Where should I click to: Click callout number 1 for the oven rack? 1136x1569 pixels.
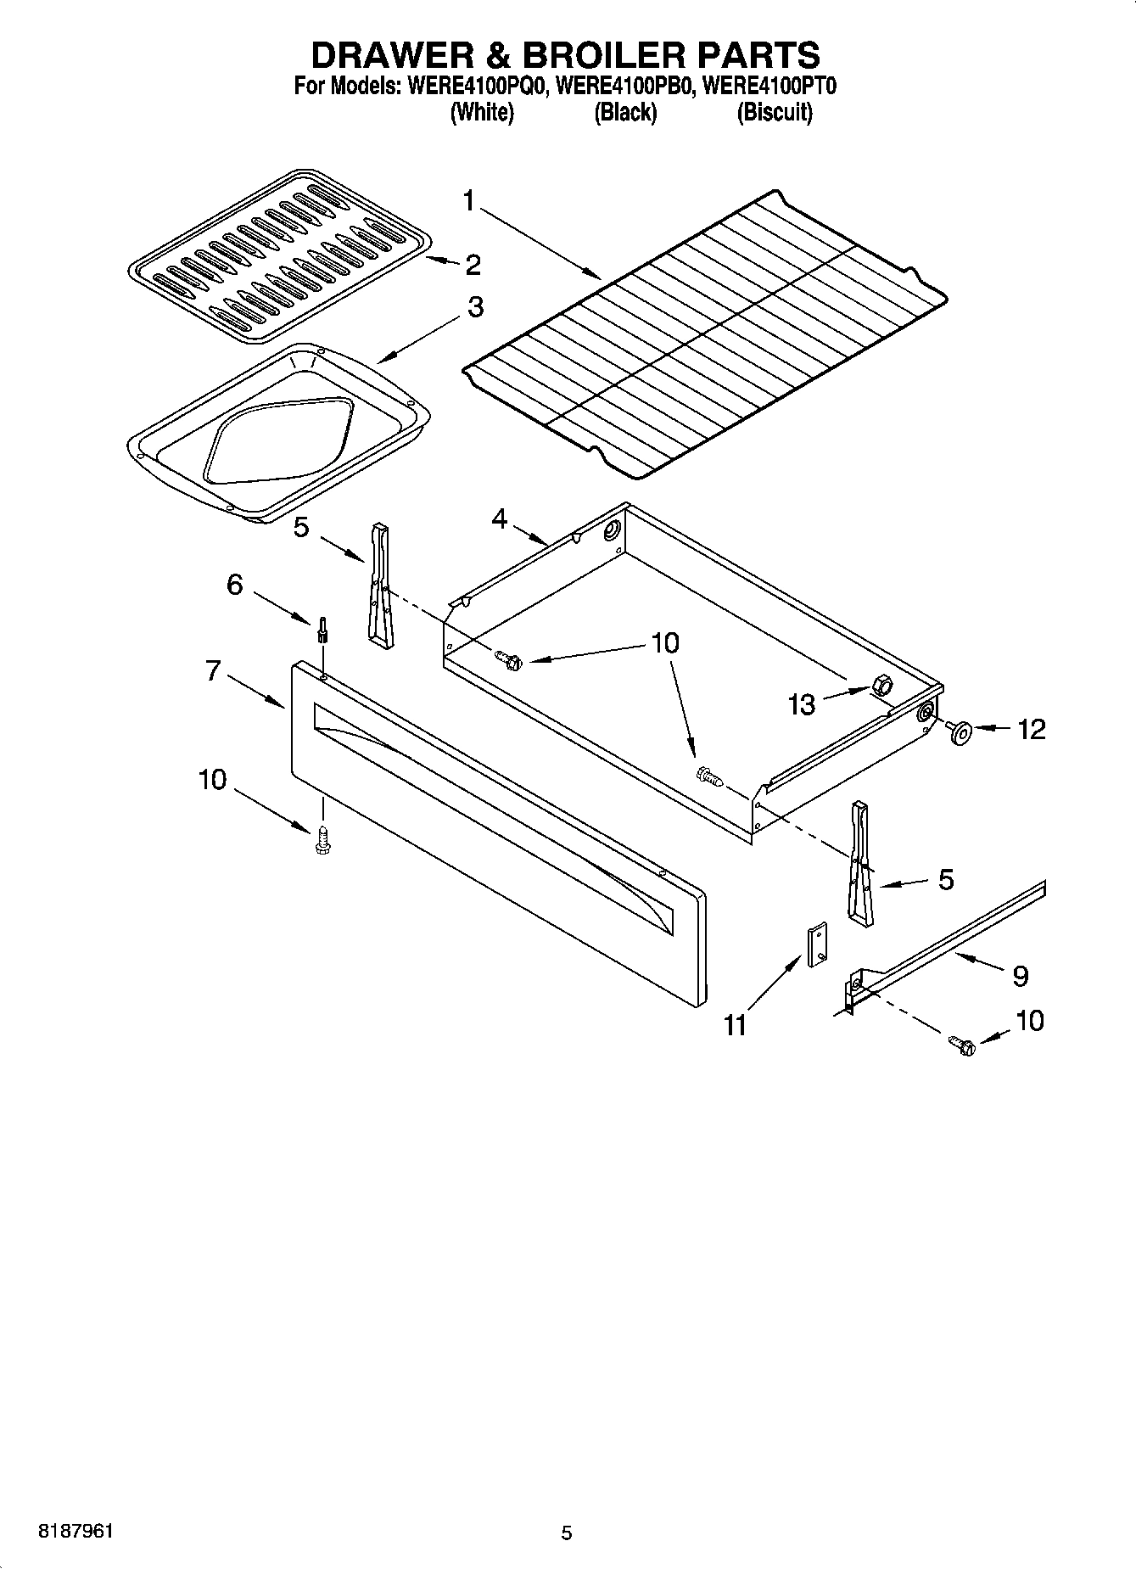coord(469,202)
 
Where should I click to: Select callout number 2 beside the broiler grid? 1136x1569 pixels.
coord(473,265)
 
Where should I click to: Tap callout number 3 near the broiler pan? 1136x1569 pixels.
coord(475,307)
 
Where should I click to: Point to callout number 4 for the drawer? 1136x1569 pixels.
coord(500,518)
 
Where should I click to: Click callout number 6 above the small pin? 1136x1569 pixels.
coord(235,585)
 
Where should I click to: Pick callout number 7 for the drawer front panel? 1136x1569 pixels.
coord(213,671)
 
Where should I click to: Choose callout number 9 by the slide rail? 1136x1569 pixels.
coord(1020,976)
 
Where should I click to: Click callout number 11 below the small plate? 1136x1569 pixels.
coord(735,1025)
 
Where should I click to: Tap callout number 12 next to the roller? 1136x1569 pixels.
coord(1032,729)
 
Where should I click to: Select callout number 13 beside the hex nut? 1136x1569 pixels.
coord(801,703)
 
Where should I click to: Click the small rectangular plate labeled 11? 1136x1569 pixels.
coord(818,945)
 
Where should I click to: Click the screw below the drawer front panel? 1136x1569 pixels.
coord(322,840)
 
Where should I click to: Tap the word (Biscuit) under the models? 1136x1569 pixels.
coord(774,112)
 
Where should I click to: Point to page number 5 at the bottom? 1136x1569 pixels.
coord(567,1533)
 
